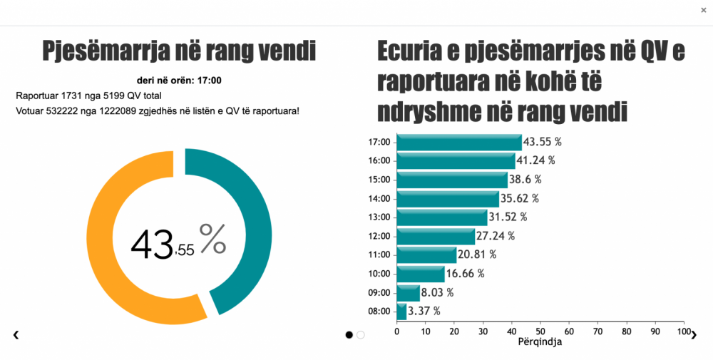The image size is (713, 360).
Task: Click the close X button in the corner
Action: [x=704, y=10]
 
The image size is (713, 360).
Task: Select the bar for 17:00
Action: [x=459, y=142]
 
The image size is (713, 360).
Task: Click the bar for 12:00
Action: [x=436, y=236]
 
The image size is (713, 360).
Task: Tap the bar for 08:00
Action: [x=401, y=312]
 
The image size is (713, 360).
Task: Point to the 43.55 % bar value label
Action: [x=543, y=142]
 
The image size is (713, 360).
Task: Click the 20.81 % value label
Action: [x=478, y=254]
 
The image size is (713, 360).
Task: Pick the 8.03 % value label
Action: [x=438, y=292]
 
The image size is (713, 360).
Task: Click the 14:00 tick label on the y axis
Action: [x=379, y=198]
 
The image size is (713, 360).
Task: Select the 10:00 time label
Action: [x=379, y=274]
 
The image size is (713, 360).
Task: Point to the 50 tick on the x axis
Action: [x=540, y=331]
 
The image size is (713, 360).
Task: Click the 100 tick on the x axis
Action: [x=684, y=331]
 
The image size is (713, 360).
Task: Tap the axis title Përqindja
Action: [x=540, y=342]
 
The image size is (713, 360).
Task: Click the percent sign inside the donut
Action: [x=212, y=239]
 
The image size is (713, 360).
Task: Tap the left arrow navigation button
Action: [x=16, y=335]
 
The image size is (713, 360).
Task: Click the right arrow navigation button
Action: [x=694, y=335]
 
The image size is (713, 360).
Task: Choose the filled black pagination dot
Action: [x=349, y=334]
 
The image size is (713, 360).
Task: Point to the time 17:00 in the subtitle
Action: [x=209, y=80]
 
